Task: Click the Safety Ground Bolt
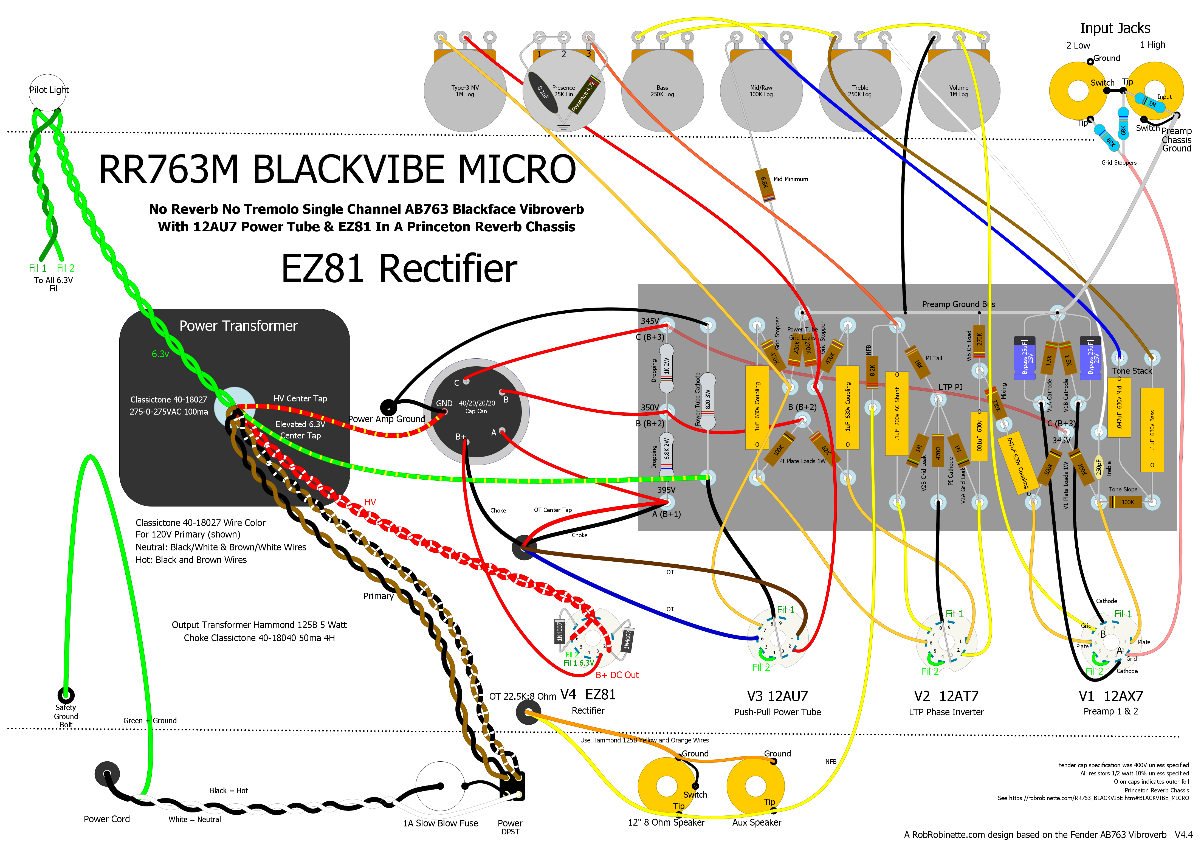(x=66, y=695)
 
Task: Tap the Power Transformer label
(x=238, y=326)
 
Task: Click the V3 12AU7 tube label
(x=777, y=696)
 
